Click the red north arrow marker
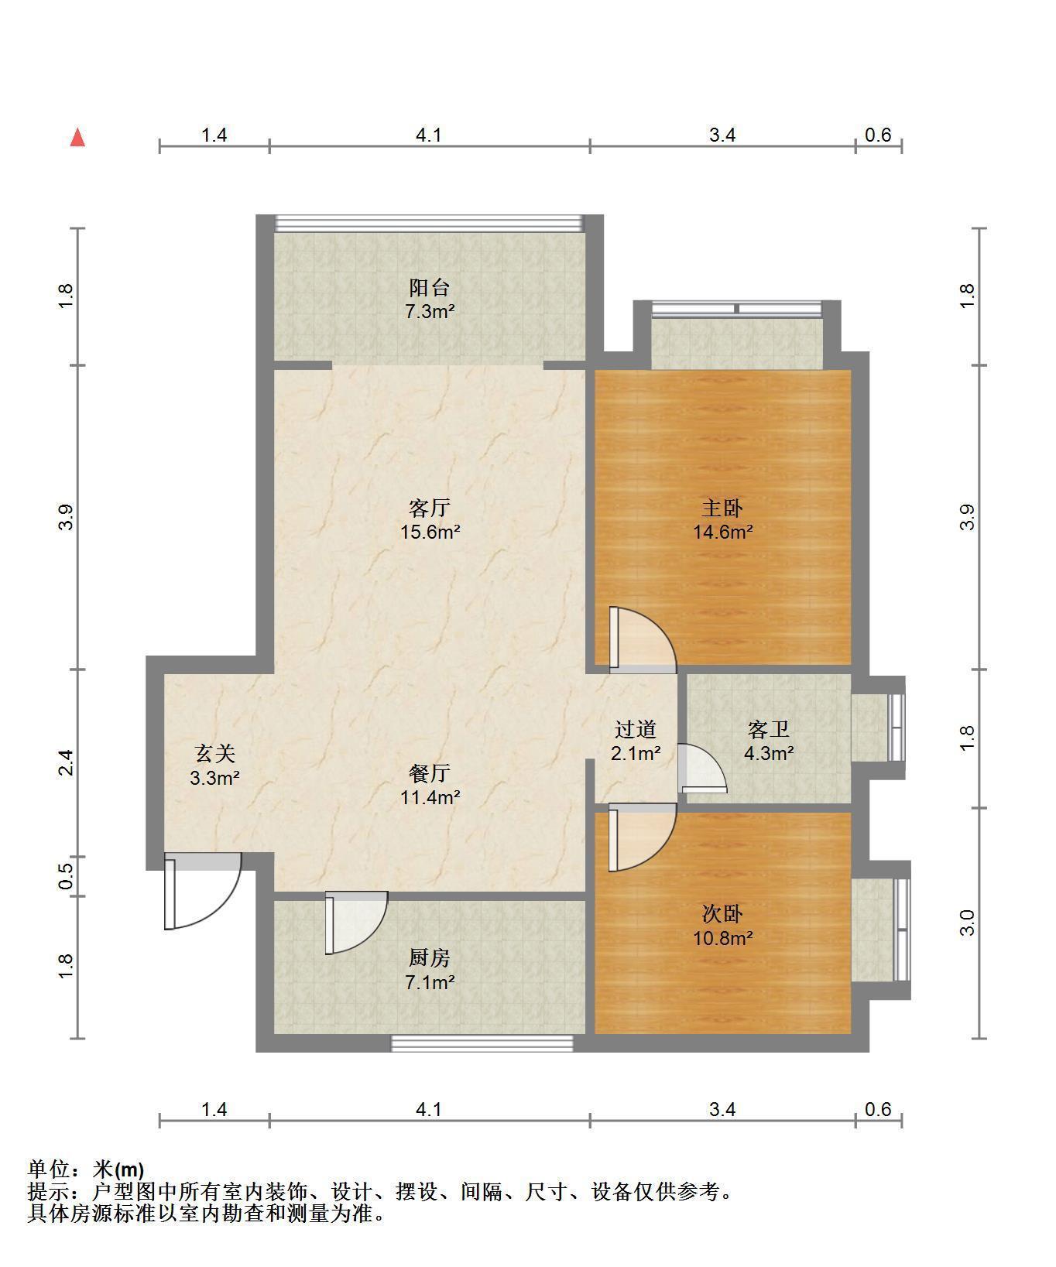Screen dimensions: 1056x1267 77,138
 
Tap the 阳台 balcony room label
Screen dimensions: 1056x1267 430,288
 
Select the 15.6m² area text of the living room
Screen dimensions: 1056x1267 430,532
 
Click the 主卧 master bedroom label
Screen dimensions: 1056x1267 722,508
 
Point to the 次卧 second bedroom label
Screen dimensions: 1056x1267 722,914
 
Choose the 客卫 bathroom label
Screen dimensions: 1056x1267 769,729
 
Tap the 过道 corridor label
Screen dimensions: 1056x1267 636,729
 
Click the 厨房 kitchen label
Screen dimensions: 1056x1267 430,958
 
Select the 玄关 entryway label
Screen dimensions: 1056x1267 214,753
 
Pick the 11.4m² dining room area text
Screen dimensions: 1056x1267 430,796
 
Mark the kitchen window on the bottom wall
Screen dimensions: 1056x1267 482,1043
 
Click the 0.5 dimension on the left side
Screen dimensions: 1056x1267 67,876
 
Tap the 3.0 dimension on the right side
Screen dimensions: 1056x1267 968,923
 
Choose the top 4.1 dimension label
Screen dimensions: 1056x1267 429,135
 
